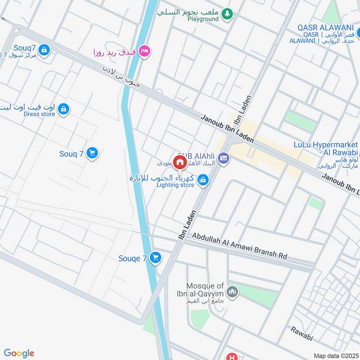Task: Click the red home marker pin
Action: [x=180, y=162]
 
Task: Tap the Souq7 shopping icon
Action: [x=44, y=50]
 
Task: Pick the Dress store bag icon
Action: [x=64, y=108]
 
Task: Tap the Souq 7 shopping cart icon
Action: [x=92, y=153]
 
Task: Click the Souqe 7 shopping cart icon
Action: [x=155, y=257]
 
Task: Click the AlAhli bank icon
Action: [x=224, y=158]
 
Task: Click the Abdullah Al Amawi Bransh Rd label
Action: [x=240, y=246]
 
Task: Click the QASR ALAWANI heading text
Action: [x=325, y=27]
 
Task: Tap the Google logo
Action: [x=19, y=353]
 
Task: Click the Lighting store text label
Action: [x=175, y=185]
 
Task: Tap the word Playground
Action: [x=203, y=19]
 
